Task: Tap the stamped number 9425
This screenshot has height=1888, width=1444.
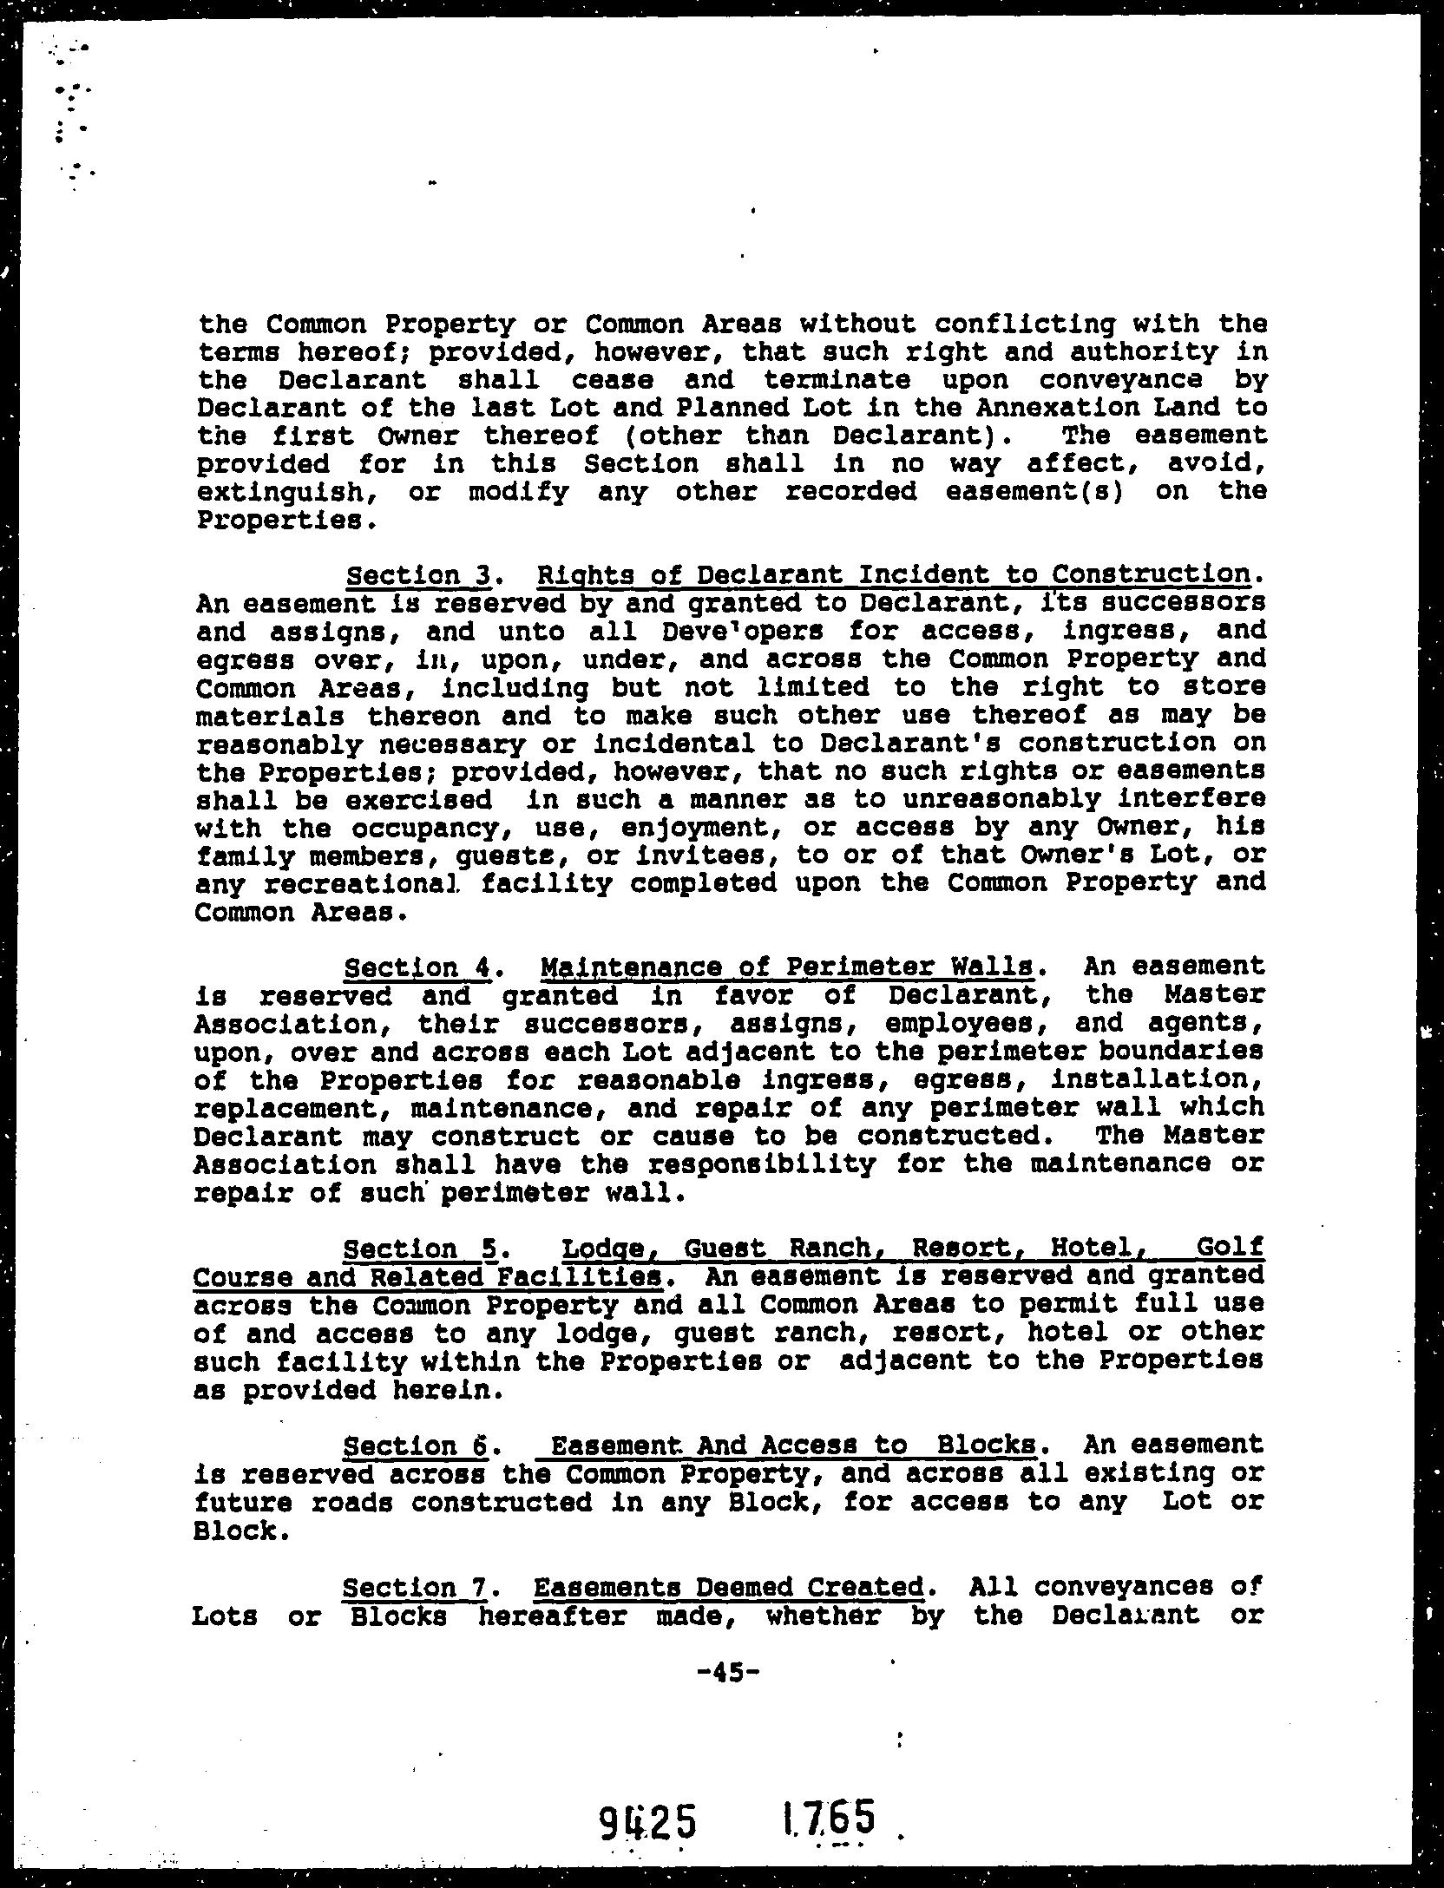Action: (x=647, y=1823)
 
